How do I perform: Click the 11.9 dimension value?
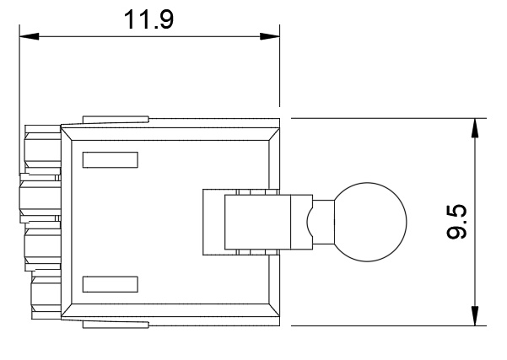[148, 19]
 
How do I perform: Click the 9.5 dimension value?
[456, 222]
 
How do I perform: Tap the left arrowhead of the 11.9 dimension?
[29, 36]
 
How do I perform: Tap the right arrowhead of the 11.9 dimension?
[270, 36]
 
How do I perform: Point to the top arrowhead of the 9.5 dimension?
[475, 128]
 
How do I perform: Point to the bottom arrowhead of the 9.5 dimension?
[475, 315]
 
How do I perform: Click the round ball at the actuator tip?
[370, 222]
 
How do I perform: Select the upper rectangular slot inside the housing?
[111, 160]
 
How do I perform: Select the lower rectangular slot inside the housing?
[111, 284]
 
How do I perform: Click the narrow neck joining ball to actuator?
[323, 222]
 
